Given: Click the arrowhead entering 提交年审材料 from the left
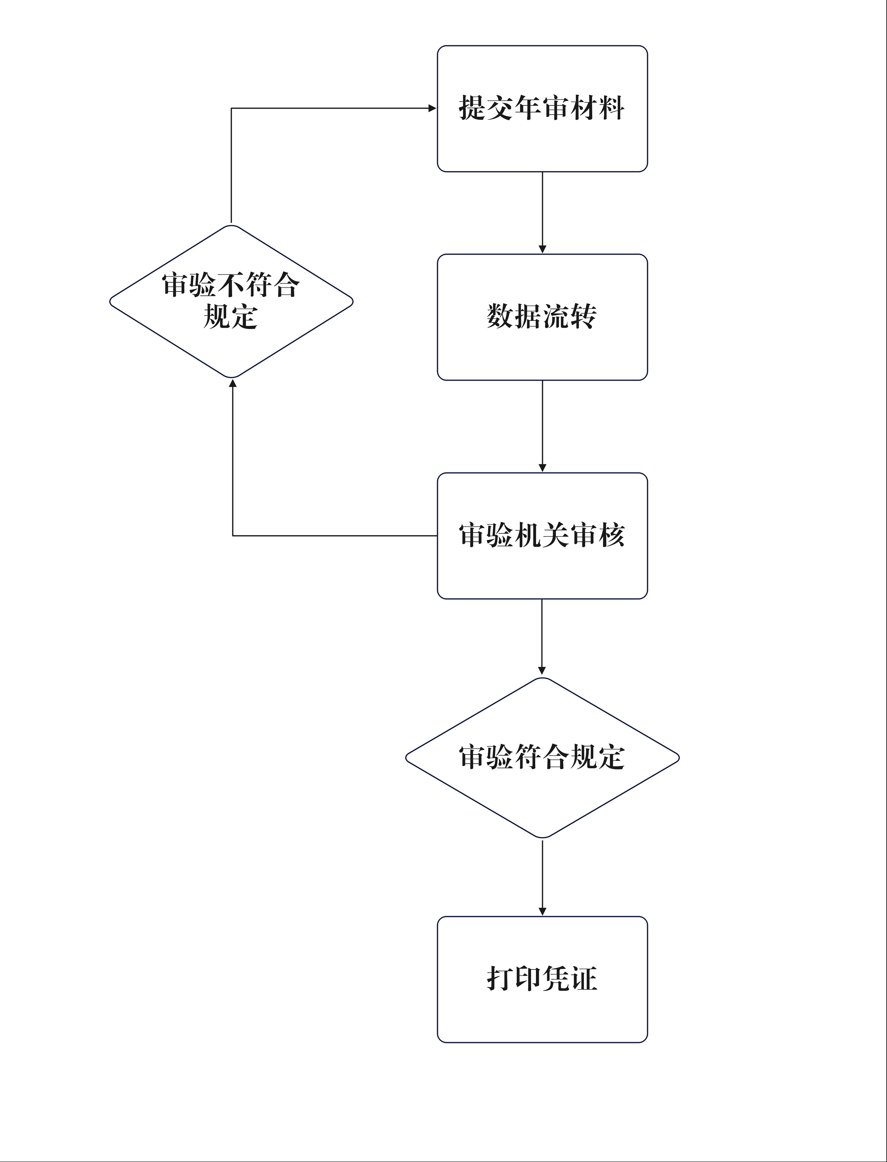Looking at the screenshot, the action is [x=433, y=108].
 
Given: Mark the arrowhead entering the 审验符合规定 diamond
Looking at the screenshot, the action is [x=542, y=671].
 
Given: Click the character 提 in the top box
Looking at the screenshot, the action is [x=472, y=108].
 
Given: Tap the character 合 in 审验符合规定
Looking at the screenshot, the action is [x=556, y=757].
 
